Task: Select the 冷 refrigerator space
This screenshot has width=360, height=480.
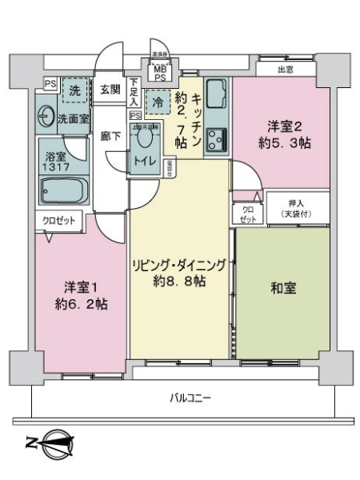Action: (158, 102)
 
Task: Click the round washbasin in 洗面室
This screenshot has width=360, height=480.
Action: (46, 118)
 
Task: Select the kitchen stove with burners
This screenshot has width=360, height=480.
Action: (216, 142)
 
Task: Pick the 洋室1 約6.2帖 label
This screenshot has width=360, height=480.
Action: (81, 296)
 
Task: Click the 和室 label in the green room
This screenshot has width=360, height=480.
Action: (284, 288)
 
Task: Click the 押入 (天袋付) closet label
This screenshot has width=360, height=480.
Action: (297, 207)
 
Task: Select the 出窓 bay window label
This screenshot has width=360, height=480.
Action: (286, 70)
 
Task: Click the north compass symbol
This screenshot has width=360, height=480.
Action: (57, 442)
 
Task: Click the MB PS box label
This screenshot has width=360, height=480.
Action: (160, 73)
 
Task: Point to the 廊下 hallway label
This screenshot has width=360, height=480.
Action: (110, 136)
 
